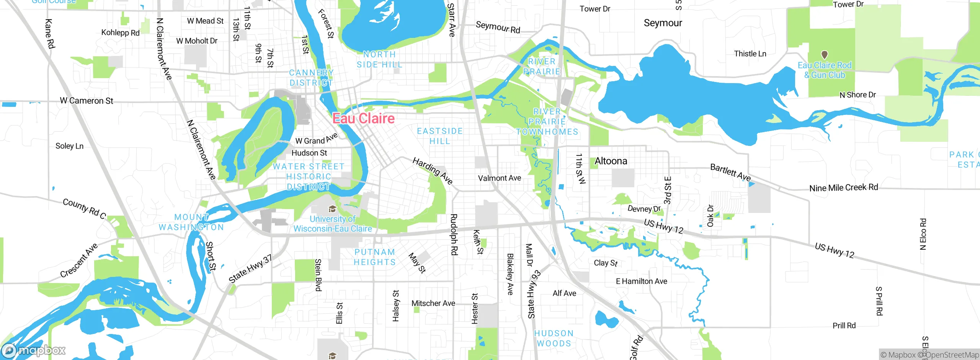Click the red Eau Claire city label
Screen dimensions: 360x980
(x=363, y=118)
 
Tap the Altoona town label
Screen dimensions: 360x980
(x=611, y=161)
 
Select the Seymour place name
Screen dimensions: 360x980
(x=663, y=23)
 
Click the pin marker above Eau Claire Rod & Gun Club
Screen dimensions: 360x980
(x=825, y=55)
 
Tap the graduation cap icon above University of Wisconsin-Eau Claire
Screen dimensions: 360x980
(x=332, y=209)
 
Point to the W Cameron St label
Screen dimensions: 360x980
(x=87, y=101)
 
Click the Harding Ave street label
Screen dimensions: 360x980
(x=433, y=170)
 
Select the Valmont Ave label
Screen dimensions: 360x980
(x=499, y=178)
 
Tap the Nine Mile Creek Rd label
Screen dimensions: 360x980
(x=843, y=188)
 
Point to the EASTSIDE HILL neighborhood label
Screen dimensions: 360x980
(x=439, y=136)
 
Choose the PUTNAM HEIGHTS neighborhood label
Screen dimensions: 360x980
(x=374, y=257)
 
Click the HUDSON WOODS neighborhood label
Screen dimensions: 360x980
(x=554, y=338)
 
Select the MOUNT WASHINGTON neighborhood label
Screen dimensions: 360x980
(x=191, y=222)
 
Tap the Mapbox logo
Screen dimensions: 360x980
(x=34, y=350)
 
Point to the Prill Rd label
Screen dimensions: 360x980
(x=844, y=326)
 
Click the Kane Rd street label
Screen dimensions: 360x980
(x=50, y=34)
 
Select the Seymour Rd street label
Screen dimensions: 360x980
(x=498, y=27)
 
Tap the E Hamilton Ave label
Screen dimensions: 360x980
(x=641, y=281)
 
